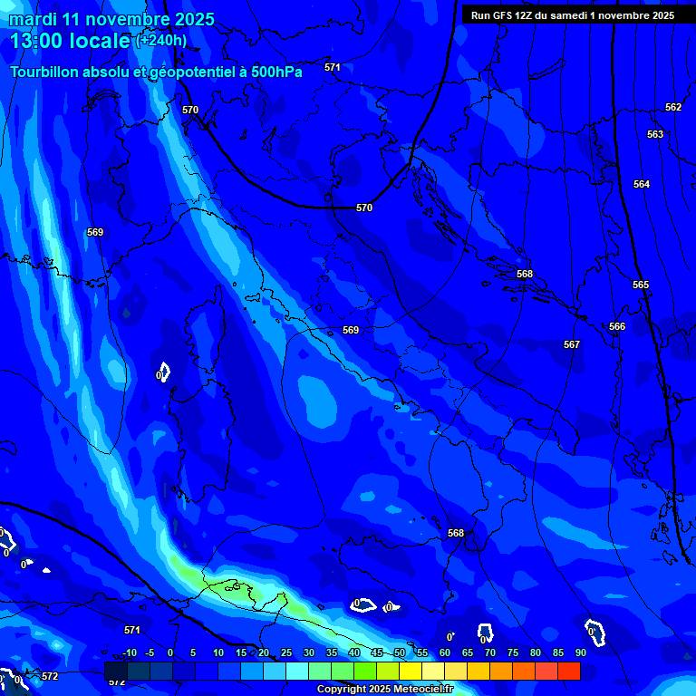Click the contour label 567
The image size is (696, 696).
pos(571,344)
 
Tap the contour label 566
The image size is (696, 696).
pos(617,326)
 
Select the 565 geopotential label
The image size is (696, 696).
pos(641,285)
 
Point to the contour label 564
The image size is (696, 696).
pos(642,184)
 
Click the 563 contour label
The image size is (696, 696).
pos(655,134)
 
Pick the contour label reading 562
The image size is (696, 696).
pos(673,107)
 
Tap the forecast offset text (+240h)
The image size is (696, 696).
pos(161,40)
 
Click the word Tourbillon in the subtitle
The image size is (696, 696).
pos(45,71)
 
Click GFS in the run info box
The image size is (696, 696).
pos(503,15)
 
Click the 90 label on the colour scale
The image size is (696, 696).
pos(580,652)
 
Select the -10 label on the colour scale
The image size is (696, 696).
pos(129,652)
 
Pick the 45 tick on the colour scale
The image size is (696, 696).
pos(377,652)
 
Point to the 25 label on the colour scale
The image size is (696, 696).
pos(286,652)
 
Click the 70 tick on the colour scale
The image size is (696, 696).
pos(490,652)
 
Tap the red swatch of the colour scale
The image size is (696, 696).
pos(568,671)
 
